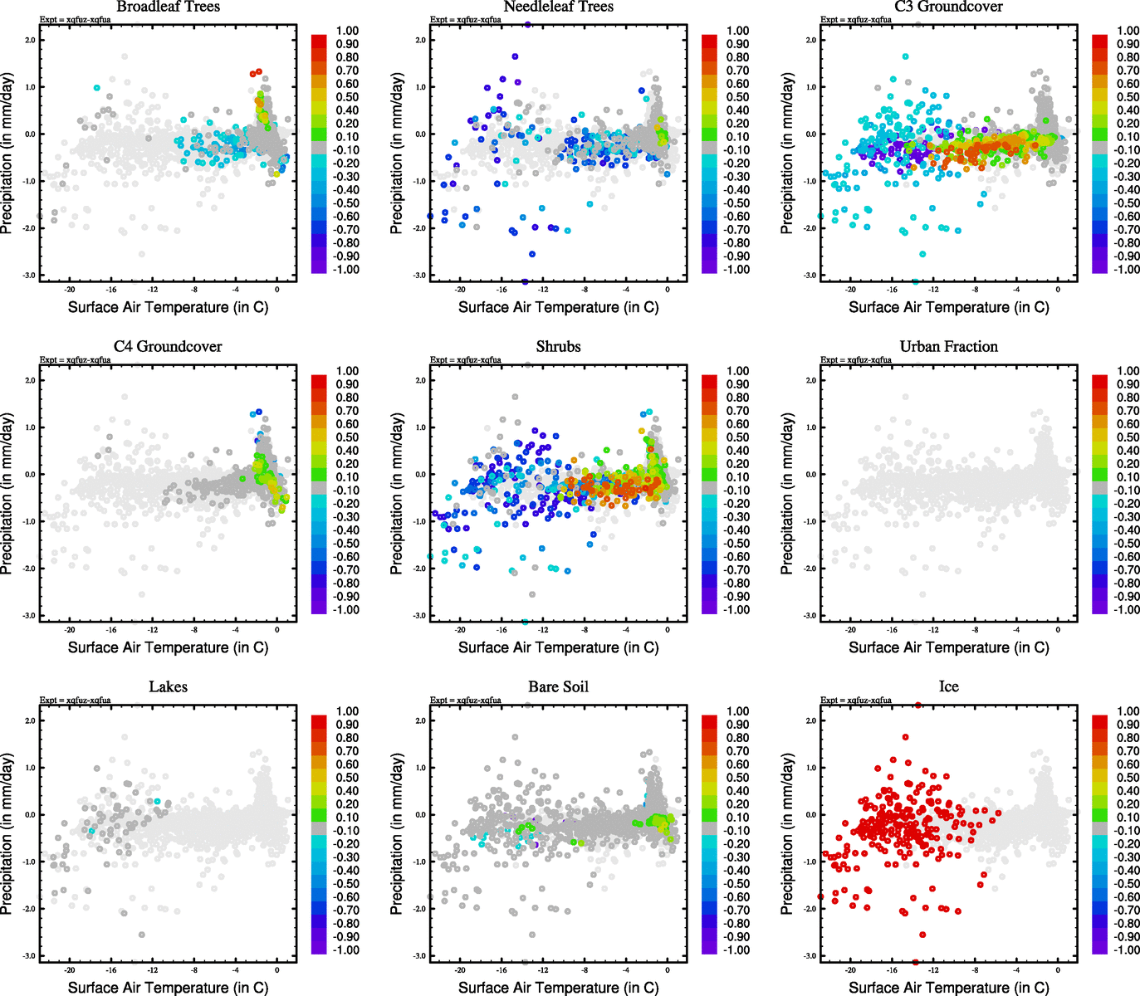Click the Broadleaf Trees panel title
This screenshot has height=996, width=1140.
168,7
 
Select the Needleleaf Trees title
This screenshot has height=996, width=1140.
558,7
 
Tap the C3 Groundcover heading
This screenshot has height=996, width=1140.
948,7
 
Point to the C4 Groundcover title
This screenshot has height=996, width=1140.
168,346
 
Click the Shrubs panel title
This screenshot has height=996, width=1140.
558,346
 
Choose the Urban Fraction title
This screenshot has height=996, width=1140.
948,346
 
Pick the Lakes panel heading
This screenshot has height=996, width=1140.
168,686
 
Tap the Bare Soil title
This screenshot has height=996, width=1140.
558,686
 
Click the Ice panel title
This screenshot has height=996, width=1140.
948,686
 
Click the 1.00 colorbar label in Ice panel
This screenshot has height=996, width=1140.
1128,711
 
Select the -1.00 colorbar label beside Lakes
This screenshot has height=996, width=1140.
346,950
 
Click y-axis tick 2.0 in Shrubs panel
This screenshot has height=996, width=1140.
420,380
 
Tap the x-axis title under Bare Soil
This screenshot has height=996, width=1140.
558,988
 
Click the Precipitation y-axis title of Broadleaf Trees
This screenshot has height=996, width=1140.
7,153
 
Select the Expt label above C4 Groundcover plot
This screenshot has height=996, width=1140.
75,360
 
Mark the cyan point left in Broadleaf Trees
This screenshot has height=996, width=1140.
97,88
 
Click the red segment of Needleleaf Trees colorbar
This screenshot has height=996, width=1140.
709,41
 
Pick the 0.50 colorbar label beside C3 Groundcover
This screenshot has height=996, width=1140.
1128,97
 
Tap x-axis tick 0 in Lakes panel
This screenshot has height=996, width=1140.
276,970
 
